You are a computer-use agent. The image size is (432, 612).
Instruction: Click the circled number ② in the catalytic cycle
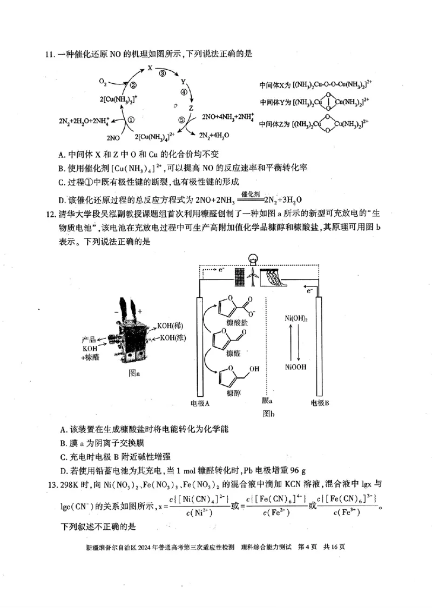(133, 85)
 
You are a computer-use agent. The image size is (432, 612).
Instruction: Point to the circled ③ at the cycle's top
(162, 75)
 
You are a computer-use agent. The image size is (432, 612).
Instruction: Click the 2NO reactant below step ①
(113, 138)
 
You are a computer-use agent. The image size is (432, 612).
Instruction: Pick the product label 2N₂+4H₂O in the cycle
(214, 135)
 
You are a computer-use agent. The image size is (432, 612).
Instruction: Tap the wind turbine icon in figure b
(252, 277)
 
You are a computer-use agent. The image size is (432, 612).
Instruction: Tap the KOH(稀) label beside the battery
(170, 326)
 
